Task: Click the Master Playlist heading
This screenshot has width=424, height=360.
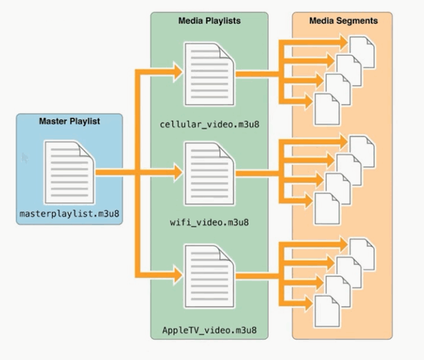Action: click(69, 122)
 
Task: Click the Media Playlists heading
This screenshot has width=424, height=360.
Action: click(209, 21)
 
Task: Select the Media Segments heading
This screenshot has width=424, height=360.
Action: click(343, 21)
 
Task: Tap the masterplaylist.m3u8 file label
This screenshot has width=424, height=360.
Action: click(70, 212)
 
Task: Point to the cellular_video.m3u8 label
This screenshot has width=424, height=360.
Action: click(209, 125)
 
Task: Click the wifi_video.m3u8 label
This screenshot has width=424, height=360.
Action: click(209, 223)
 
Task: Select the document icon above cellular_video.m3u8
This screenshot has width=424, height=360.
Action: click(209, 74)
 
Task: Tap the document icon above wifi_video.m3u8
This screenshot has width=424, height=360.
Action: click(209, 173)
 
